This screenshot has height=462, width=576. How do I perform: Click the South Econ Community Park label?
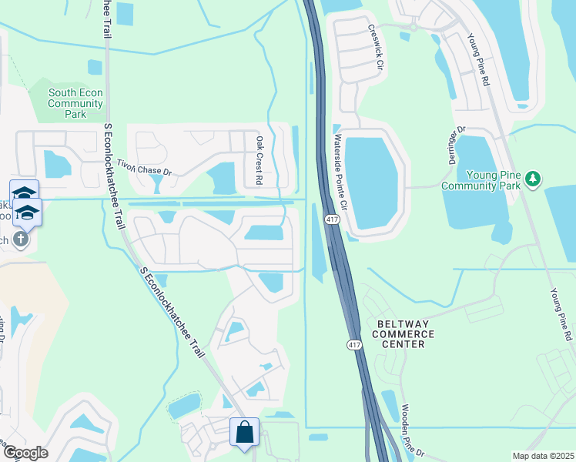click(75, 103)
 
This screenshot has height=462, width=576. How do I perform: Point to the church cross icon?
click(21, 239)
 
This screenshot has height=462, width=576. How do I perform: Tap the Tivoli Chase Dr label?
click(143, 166)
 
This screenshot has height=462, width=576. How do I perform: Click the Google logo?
click(25, 453)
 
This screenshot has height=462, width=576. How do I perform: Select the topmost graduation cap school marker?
click(24, 192)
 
